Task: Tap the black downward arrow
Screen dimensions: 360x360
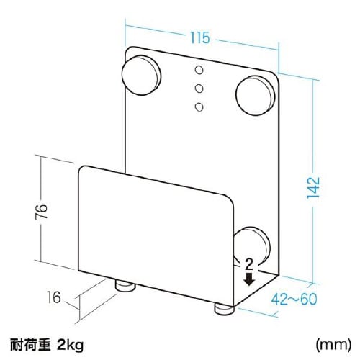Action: (248, 279)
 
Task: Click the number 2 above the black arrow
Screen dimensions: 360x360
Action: (248, 265)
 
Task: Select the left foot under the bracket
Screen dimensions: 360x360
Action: (126, 287)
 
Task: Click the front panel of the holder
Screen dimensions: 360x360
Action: (155, 230)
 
